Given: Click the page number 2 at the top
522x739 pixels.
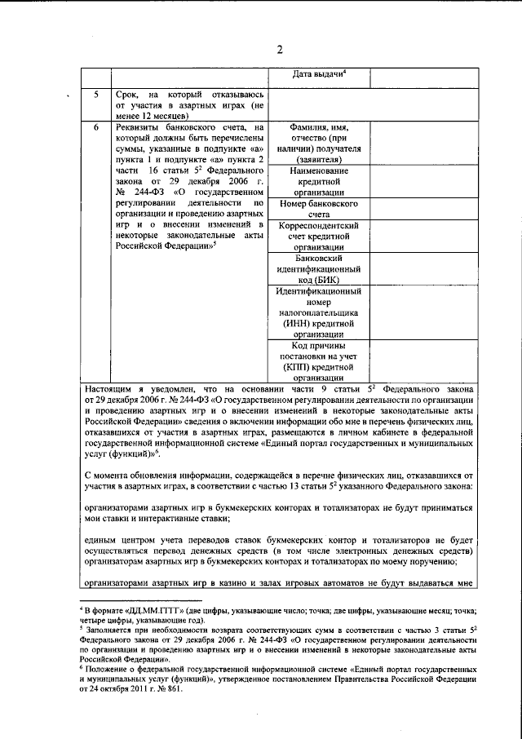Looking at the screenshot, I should (279, 49).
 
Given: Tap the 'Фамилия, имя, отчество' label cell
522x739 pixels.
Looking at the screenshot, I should (320, 144).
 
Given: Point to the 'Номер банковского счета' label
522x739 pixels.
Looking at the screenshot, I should (320, 208).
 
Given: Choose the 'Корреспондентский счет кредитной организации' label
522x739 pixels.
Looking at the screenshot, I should (320, 236).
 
